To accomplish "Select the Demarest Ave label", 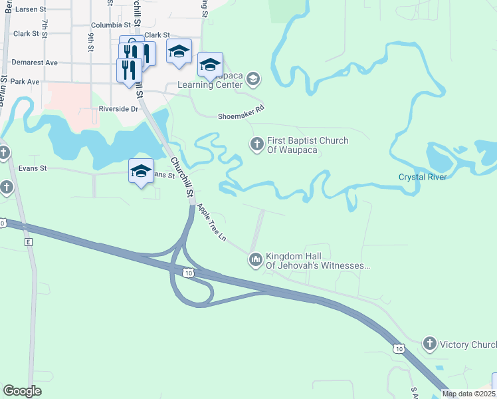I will click(35, 63).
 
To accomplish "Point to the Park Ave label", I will click(25, 82).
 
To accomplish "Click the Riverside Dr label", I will click(118, 109).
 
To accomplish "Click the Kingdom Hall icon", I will click(256, 260).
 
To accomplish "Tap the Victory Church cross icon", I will click(430, 344).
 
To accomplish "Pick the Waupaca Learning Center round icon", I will click(252, 80).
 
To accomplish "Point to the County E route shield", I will click(29, 242).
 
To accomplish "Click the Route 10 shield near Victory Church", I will click(398, 348).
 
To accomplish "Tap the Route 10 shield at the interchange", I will click(189, 273).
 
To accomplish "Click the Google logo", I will click(22, 390).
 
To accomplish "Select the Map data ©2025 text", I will click(469, 394).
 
